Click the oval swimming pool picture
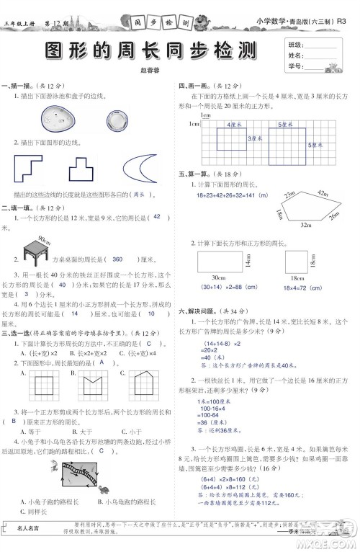click(x=56, y=115)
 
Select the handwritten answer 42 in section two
click(x=157, y=217)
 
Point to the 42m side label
click(x=322, y=192)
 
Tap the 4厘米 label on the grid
click(x=233, y=125)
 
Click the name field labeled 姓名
click(x=294, y=55)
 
